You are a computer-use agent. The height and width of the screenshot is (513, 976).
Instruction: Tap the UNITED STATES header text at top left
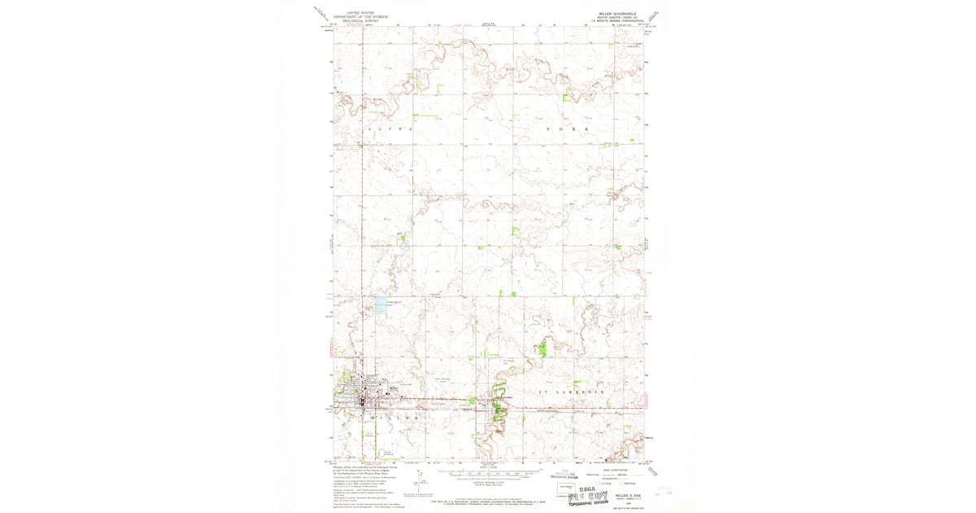tap(363, 13)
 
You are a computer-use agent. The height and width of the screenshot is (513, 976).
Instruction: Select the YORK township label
tap(565, 129)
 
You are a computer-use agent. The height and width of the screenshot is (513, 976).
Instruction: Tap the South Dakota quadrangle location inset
tap(567, 489)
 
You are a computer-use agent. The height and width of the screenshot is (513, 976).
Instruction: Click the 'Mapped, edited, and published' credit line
tap(363, 468)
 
